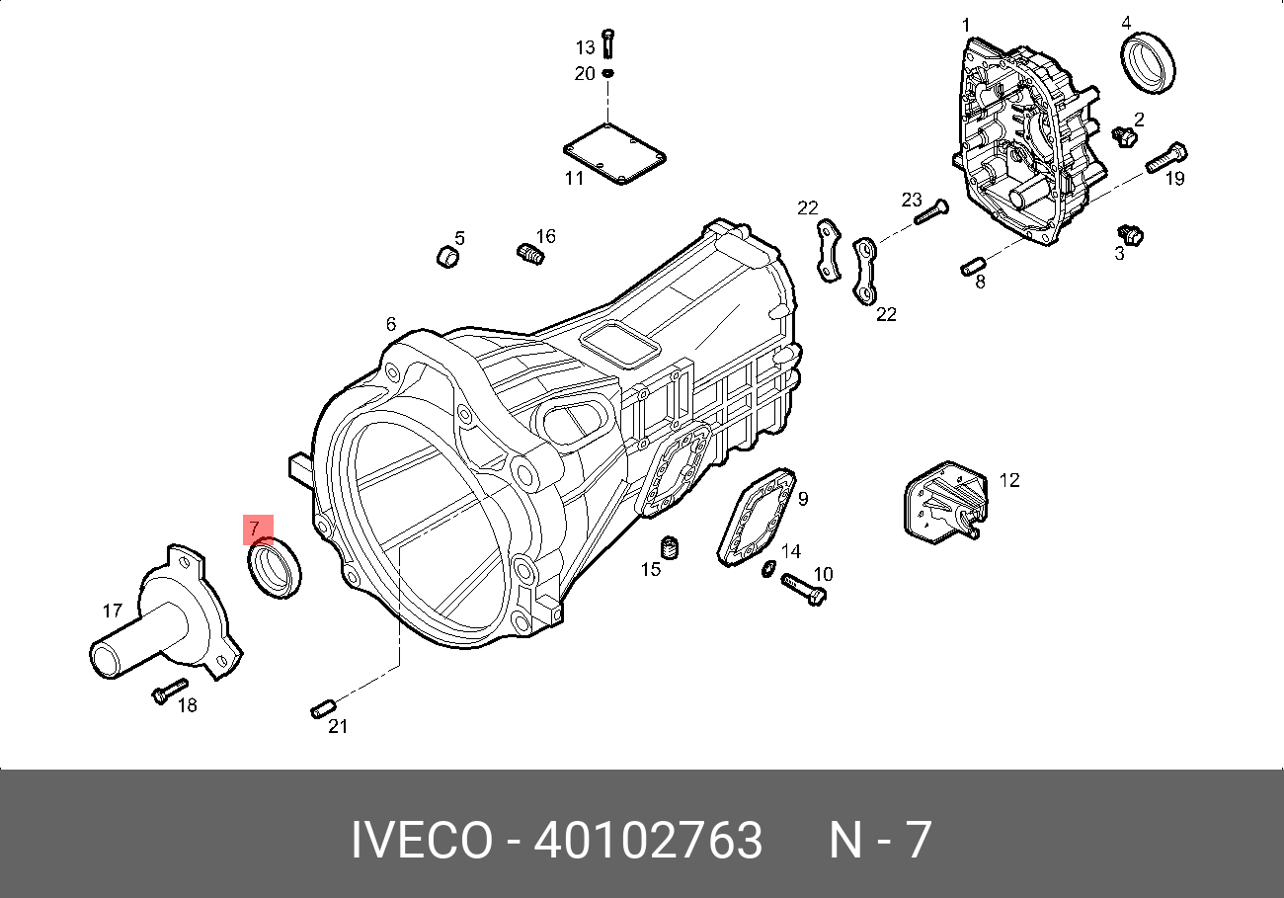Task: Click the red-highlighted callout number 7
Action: click(255, 529)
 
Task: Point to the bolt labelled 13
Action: click(608, 43)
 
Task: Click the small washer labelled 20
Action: click(608, 73)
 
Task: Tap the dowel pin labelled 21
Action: click(323, 708)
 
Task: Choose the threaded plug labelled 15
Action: click(669, 547)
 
